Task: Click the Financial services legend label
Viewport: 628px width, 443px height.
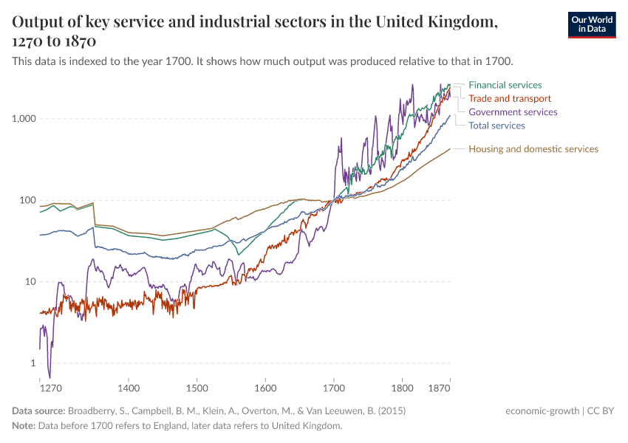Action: click(505, 85)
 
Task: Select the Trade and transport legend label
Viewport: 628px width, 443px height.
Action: click(510, 98)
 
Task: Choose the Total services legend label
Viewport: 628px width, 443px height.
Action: click(496, 126)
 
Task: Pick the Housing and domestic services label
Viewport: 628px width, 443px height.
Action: click(533, 149)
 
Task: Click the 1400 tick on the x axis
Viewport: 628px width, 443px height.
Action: click(129, 388)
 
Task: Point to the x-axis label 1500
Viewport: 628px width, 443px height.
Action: click(197, 388)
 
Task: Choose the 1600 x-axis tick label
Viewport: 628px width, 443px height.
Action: click(265, 388)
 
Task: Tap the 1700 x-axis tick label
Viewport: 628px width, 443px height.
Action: click(333, 388)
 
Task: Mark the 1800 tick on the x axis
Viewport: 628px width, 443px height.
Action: click(402, 388)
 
